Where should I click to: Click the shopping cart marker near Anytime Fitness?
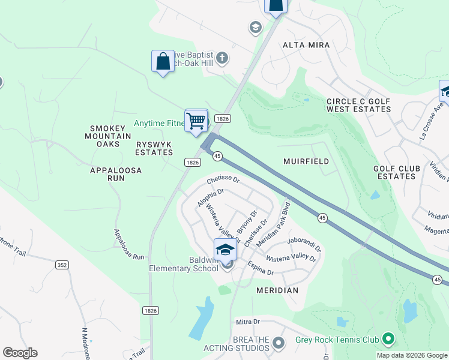point(196,121)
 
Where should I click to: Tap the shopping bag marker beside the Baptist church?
point(163,61)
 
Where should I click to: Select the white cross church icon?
point(223,58)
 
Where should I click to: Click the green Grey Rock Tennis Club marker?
point(388,340)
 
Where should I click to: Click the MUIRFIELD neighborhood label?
point(306,161)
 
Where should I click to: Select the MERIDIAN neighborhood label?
point(277,290)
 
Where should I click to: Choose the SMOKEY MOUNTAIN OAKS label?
point(110,136)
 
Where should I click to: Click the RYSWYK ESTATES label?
point(154,148)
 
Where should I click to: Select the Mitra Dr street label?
point(247,322)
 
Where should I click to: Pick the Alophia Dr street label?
point(210,197)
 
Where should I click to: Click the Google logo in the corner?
point(20,353)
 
